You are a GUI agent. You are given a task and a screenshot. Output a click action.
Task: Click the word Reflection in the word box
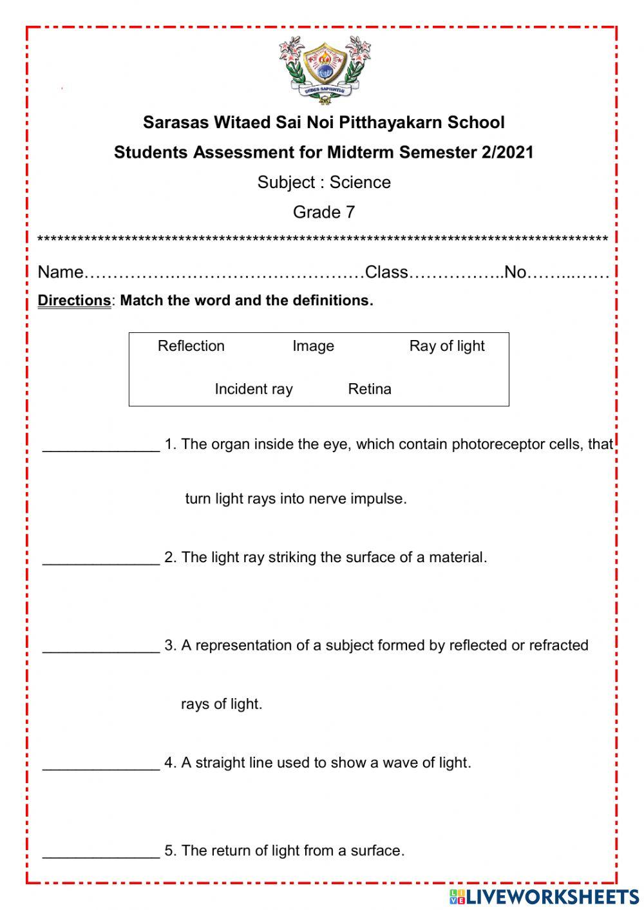(191, 346)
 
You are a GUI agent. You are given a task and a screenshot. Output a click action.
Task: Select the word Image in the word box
(313, 346)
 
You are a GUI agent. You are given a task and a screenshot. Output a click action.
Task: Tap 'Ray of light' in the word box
(446, 346)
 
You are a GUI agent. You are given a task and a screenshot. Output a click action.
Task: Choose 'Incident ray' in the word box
(253, 389)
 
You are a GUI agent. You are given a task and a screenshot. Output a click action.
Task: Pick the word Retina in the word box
(370, 389)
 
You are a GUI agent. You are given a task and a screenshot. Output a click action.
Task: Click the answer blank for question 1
(101, 446)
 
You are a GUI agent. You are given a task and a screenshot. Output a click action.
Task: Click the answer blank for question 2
(101, 558)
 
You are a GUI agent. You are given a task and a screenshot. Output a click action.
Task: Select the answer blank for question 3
(101, 647)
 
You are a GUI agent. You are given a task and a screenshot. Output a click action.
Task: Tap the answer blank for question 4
(101, 764)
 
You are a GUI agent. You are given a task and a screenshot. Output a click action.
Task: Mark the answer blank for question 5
(101, 851)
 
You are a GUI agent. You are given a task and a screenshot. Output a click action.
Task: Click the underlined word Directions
(74, 301)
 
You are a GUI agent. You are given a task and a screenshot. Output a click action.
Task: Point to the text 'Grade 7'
(324, 212)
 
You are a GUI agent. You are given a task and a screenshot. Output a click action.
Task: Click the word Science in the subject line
(360, 182)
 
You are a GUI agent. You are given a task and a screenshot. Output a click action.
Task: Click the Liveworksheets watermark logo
(544, 896)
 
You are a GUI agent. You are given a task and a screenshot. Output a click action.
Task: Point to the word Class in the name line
(386, 272)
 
